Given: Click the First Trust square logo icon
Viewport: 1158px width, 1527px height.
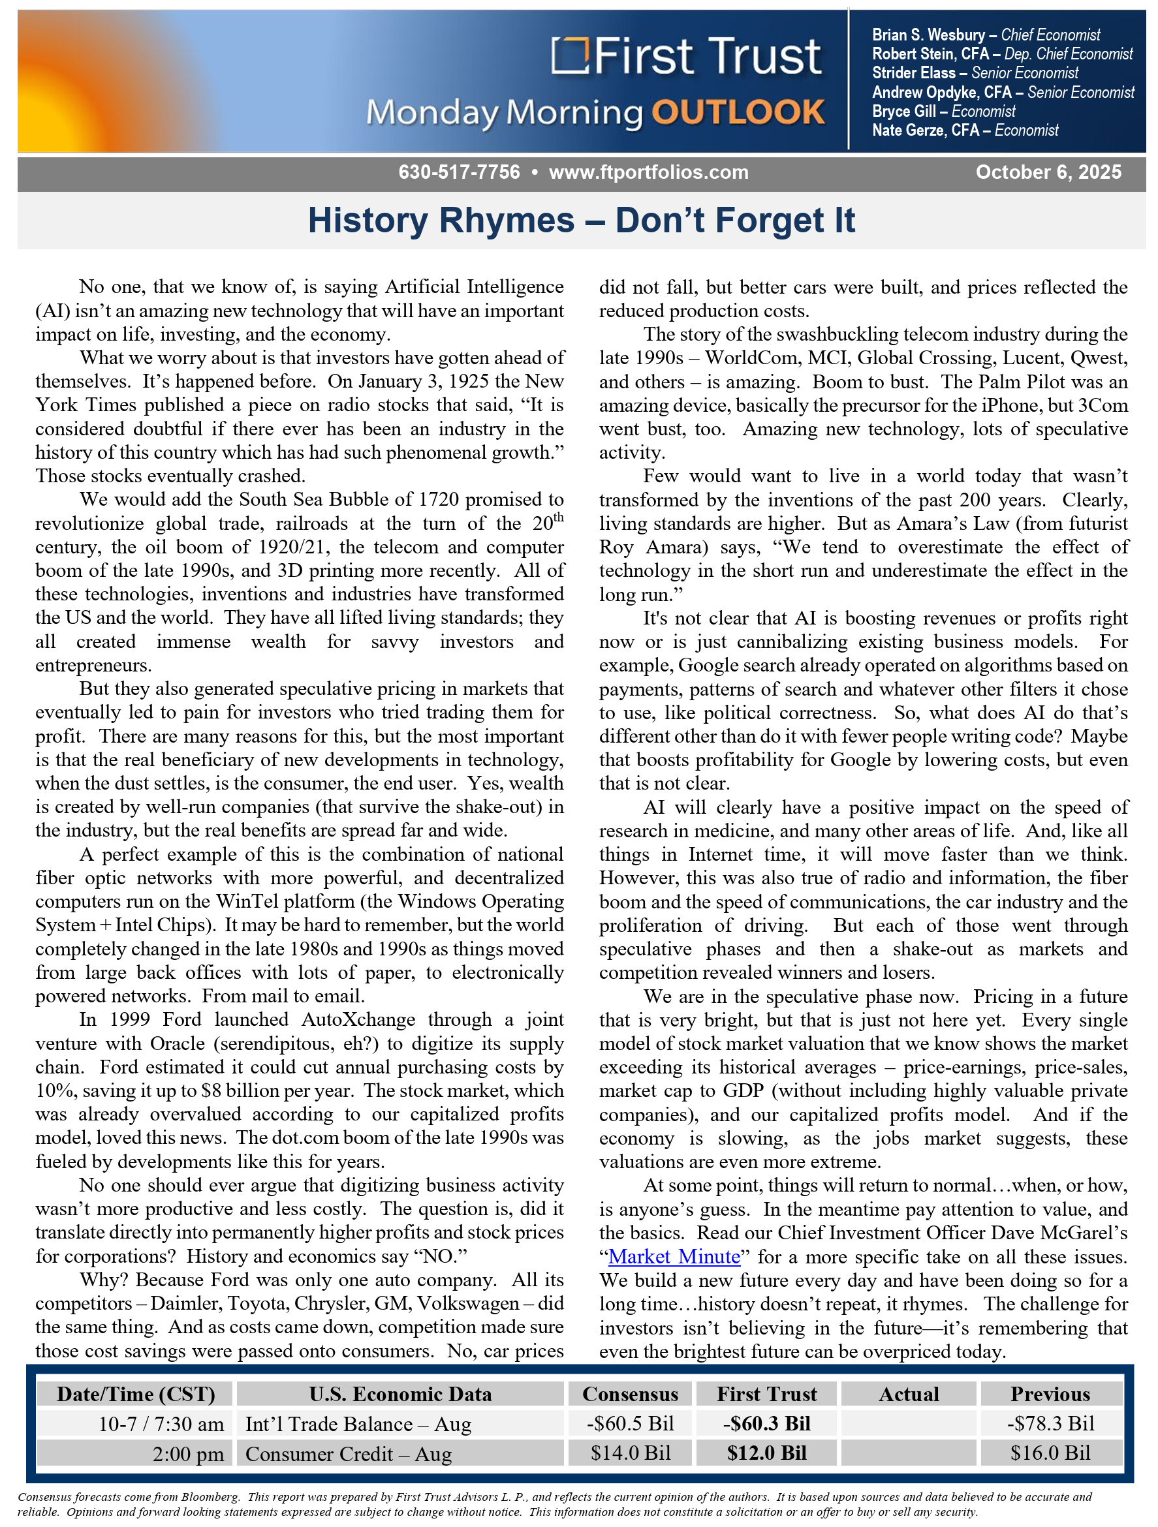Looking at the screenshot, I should pos(570,56).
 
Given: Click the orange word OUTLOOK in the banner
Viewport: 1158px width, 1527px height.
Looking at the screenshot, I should pos(738,112).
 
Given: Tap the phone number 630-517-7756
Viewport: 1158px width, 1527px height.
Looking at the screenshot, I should pos(458,172).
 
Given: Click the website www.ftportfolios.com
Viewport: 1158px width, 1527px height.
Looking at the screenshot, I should pos(648,172).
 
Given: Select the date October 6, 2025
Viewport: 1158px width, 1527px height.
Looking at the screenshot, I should pos(1048,172).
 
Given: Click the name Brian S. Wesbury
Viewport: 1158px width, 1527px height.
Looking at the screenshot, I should pos(928,35).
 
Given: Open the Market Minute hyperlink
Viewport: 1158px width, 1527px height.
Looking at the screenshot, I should pos(674,1256).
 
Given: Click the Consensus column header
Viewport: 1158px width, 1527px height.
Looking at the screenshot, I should pos(630,1394).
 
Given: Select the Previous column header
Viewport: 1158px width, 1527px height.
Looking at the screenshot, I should pos(1050,1394).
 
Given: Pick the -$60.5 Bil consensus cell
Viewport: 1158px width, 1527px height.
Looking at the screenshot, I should pos(630,1423).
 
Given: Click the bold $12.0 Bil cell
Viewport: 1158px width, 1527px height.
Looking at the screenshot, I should pos(766,1453).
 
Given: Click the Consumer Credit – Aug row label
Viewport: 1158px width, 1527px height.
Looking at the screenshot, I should pos(348,1454).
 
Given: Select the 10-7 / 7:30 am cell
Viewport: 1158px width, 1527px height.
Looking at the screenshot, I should pos(161,1424).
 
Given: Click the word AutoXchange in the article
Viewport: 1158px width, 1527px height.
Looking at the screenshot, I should pos(358,1019).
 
